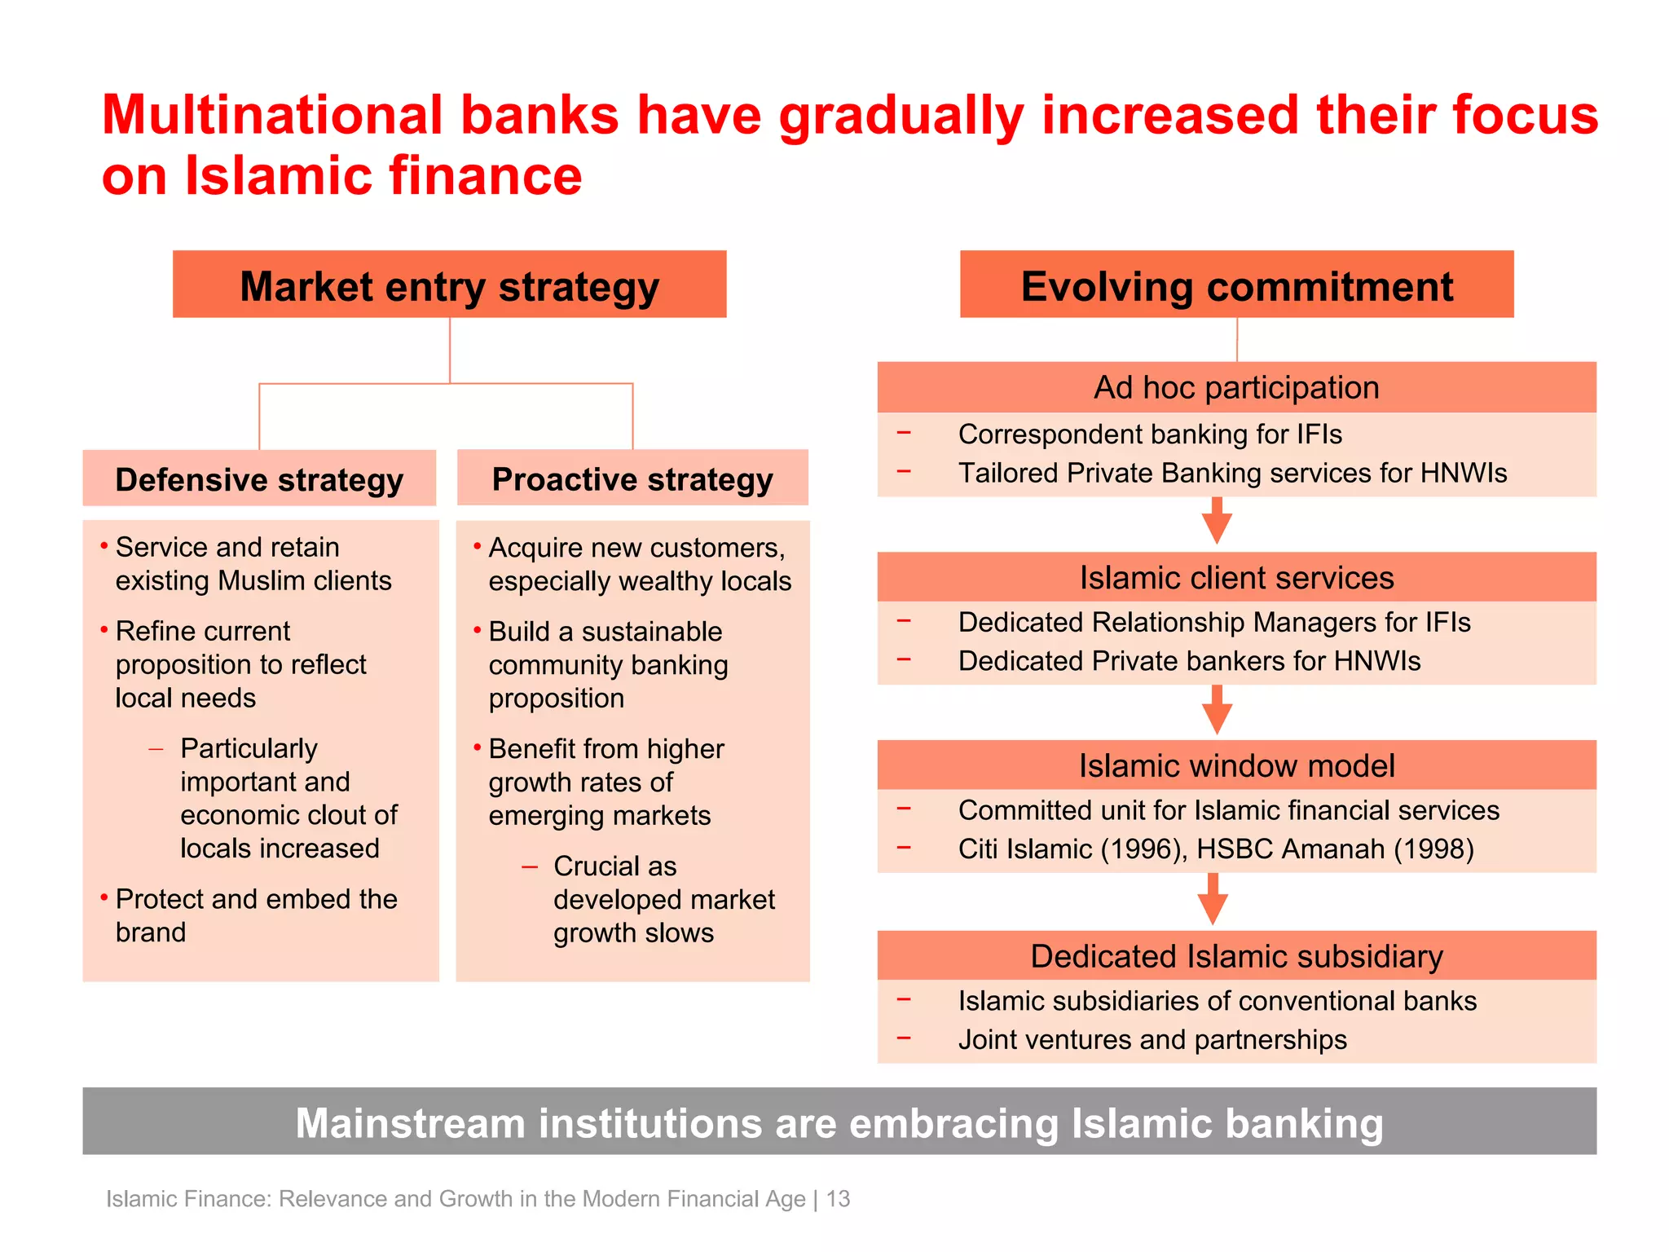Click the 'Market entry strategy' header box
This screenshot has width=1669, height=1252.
click(x=449, y=284)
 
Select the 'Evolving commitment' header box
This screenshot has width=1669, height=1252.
click(x=1236, y=284)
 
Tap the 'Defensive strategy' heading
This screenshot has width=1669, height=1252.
click(x=259, y=479)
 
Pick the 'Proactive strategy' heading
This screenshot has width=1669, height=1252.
click(x=632, y=478)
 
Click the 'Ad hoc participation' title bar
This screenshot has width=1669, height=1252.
click(x=1236, y=387)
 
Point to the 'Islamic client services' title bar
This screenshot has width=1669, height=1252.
click(x=1236, y=577)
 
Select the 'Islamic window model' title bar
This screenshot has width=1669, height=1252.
click(x=1236, y=765)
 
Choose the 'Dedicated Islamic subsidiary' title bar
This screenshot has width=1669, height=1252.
click(x=1236, y=955)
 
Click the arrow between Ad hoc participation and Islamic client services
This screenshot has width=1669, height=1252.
click(x=1217, y=522)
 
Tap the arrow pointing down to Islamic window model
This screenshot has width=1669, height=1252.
click(x=1217, y=711)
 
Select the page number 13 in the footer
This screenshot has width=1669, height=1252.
click(x=839, y=1198)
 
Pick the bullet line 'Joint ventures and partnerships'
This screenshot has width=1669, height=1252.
click(x=1152, y=1039)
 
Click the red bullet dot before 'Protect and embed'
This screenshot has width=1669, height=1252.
click(x=104, y=897)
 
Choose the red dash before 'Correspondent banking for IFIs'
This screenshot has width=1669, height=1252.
click(x=904, y=433)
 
